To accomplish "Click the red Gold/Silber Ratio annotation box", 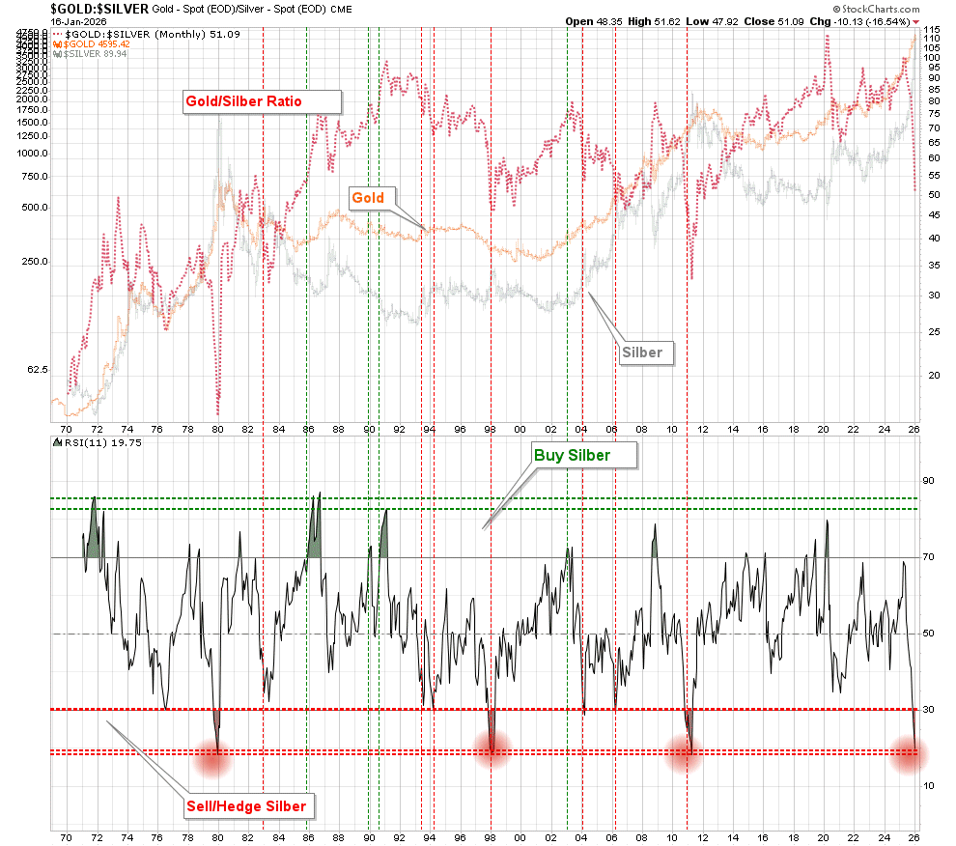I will point(262,102).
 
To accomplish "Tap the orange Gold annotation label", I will point(367,198).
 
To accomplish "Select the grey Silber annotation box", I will point(642,352).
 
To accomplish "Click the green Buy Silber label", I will point(572,455).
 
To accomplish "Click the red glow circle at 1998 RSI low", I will point(492,750).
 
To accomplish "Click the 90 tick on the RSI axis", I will point(929,481).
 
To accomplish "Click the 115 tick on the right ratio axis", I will point(931,30).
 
